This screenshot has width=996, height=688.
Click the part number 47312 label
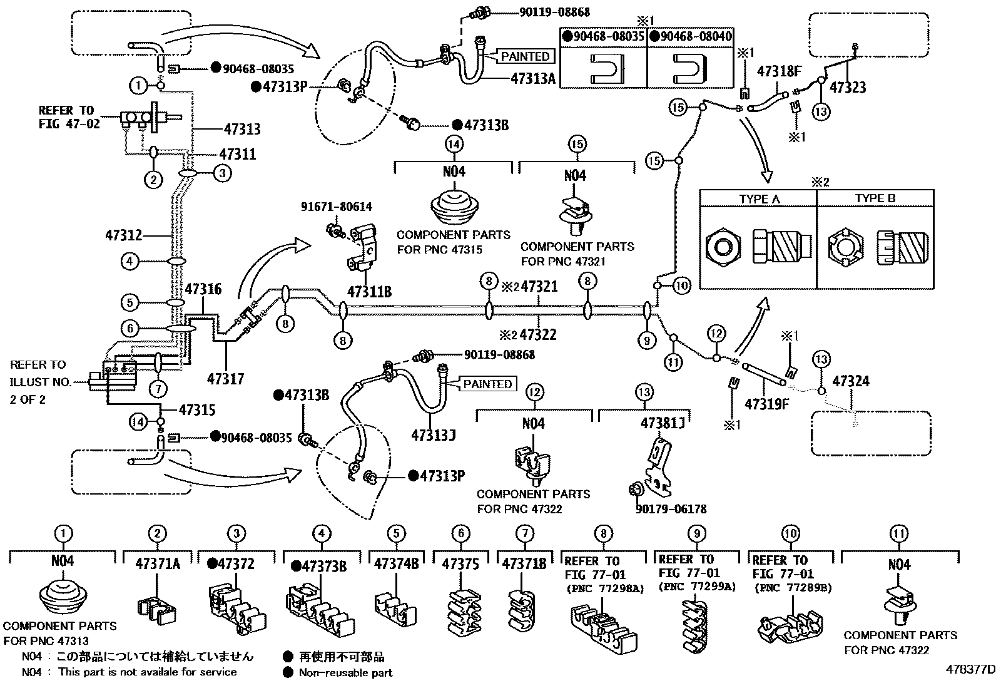coord(123,236)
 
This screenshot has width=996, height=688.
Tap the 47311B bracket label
coord(369,291)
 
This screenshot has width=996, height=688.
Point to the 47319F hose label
coord(766,404)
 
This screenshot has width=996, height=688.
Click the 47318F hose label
coord(779,71)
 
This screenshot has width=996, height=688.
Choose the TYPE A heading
coord(759,199)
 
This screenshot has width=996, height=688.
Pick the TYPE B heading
coord(875,199)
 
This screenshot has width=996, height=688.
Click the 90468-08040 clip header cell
coord(691,37)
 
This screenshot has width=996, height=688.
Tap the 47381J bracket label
coord(663,423)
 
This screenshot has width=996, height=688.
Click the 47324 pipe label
coord(851,381)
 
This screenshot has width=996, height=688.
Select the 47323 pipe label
coord(848,88)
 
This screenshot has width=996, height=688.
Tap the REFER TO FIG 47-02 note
coord(68,117)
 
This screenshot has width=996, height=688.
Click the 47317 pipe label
coord(225,379)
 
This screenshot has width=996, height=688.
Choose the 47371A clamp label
coord(158,563)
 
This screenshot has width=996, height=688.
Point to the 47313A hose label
coord(533,79)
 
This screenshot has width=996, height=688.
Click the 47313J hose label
coord(432,434)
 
